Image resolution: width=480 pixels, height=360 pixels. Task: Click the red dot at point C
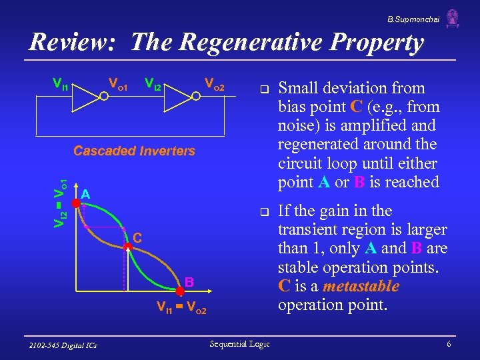point(127,247)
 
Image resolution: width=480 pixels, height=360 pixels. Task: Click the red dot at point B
point(179,291)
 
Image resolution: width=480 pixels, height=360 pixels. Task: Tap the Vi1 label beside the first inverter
point(61,85)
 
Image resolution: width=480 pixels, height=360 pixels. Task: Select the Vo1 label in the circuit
point(118,85)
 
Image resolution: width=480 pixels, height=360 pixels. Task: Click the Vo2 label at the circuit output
point(214,85)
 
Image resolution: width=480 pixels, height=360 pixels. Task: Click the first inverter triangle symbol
point(86,96)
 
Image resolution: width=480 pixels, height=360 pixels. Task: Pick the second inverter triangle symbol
point(179,96)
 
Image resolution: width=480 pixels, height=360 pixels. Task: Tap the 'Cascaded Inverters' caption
point(134,151)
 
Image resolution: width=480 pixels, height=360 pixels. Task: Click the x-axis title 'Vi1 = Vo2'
point(181,309)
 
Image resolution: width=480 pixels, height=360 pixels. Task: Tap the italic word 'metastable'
point(361,287)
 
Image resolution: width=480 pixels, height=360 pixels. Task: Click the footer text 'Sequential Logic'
point(239,343)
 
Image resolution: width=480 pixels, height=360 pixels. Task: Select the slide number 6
point(449,344)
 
